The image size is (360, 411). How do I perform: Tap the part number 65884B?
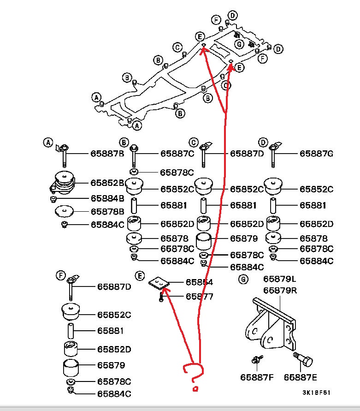(x=107, y=199)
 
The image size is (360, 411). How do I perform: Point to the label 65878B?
(x=107, y=212)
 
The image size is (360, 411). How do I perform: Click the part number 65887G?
(x=316, y=154)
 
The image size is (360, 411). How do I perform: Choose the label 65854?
(x=199, y=282)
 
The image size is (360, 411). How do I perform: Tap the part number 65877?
(x=199, y=296)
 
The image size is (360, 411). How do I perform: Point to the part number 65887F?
(x=257, y=377)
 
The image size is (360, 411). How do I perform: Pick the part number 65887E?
(x=301, y=377)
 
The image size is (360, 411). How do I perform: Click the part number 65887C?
(x=177, y=154)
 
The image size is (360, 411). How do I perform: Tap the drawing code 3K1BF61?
(x=316, y=393)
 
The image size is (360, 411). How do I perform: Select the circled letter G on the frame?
(x=239, y=44)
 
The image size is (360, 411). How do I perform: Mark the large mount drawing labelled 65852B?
(x=64, y=184)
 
